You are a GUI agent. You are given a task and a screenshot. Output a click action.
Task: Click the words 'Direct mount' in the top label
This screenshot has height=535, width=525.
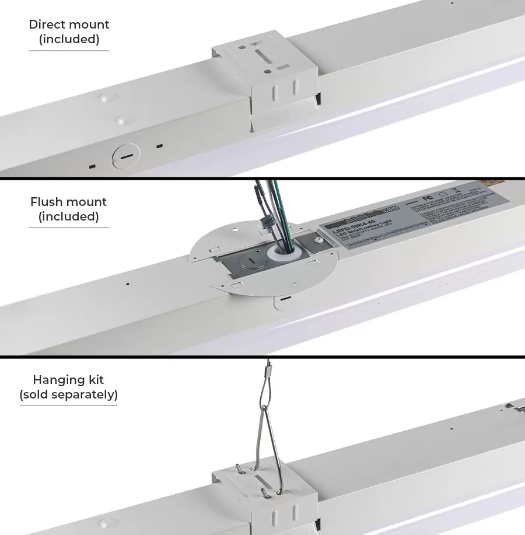pos(69,25)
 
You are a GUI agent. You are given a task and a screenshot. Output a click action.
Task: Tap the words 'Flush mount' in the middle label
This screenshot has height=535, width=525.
pos(69,202)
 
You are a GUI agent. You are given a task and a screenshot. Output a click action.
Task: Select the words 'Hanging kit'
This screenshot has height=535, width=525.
pos(69,380)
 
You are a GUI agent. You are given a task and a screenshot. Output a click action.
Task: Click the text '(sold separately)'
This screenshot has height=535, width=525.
pos(69,394)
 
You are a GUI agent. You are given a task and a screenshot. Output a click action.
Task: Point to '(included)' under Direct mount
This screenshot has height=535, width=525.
pos(69,40)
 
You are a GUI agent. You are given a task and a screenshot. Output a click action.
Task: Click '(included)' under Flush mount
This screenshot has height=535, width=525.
pos(69,217)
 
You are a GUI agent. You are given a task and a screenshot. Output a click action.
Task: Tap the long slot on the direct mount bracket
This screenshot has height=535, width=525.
pos(261,58)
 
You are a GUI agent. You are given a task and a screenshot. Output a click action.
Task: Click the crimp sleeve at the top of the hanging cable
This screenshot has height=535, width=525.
pos(270,370)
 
